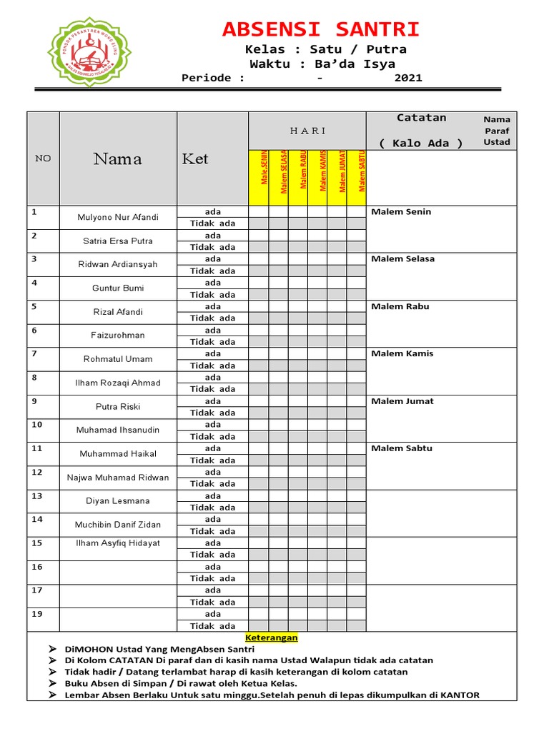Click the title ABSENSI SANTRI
321,30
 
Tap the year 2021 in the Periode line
408,78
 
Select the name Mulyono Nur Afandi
118,217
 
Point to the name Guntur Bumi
118,288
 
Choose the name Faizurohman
118,335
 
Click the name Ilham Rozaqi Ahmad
118,383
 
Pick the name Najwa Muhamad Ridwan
118,478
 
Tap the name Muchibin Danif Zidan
118,525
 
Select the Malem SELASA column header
285,171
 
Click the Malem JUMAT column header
343,171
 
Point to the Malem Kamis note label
402,354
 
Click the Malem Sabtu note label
402,448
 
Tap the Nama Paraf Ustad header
497,131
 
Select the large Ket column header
195,158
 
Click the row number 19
37,614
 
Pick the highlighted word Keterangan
272,637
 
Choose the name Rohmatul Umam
118,359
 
